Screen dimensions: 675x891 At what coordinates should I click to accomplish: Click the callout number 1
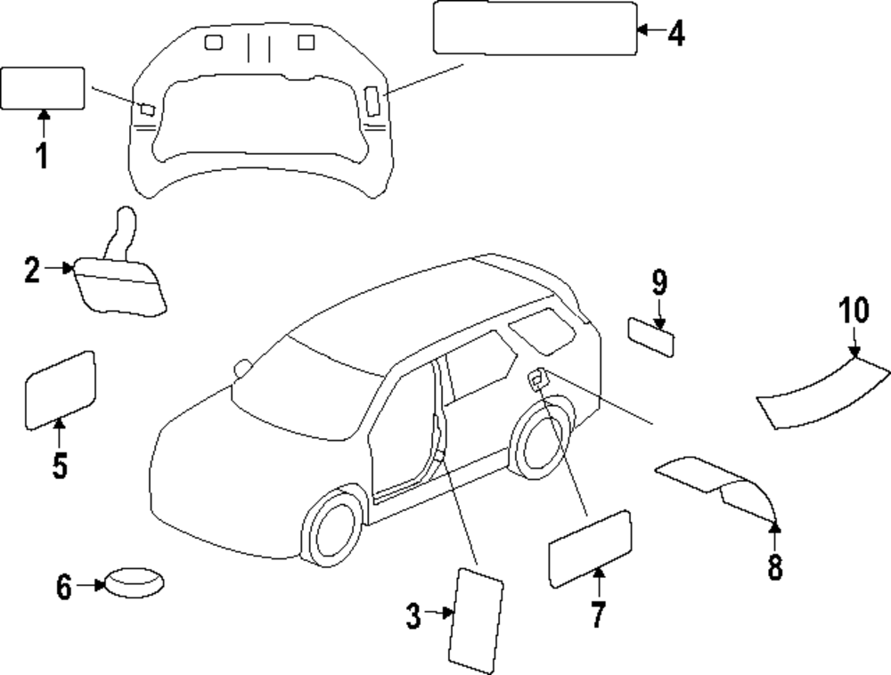42,155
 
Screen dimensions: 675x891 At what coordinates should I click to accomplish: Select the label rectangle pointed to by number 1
43,88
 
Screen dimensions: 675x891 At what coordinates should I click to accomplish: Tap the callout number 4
675,33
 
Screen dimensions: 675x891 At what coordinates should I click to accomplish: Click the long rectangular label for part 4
535,28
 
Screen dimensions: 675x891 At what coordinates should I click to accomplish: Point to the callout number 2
32,269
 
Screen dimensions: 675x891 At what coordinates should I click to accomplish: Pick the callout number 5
59,465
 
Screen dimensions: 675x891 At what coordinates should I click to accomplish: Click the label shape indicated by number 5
60,387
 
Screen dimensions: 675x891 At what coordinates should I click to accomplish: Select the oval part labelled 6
135,583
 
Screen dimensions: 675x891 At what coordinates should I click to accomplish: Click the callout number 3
413,615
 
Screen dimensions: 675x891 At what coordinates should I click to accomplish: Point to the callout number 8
775,566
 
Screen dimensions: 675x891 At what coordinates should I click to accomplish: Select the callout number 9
658,283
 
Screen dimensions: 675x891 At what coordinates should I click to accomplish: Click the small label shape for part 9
651,337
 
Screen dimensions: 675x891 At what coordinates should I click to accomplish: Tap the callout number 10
853,312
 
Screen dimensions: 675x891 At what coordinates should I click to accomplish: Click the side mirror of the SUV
241,368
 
